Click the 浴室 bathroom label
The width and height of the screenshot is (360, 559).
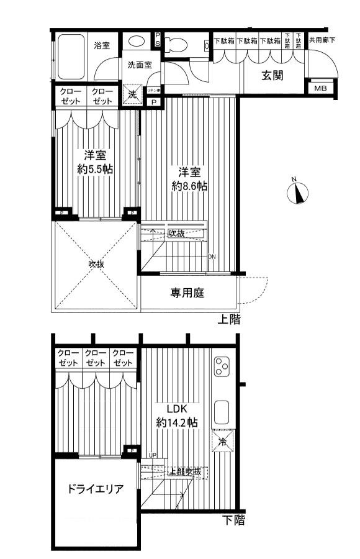click(x=101, y=45)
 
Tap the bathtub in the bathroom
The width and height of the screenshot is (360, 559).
click(x=71, y=55)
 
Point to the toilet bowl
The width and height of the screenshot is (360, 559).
click(x=176, y=44)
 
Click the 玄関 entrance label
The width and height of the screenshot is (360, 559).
click(x=272, y=76)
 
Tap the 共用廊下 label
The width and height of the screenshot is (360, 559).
click(x=322, y=41)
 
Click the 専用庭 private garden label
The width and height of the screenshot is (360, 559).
click(x=187, y=293)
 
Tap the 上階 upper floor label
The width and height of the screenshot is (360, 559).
click(x=228, y=320)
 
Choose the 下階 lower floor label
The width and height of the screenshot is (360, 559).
click(x=233, y=520)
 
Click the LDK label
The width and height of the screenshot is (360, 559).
click(x=176, y=409)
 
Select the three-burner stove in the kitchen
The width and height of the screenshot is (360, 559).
click(x=222, y=368)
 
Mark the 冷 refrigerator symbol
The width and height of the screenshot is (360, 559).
click(x=222, y=442)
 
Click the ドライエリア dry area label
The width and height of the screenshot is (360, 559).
click(x=95, y=489)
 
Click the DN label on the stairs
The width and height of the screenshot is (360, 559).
click(x=212, y=257)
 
